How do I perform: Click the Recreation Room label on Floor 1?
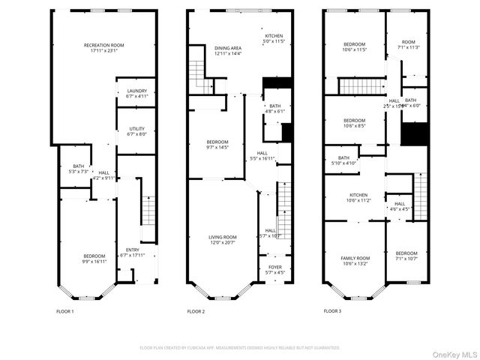coord(103,46)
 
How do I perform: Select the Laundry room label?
coord(137,91)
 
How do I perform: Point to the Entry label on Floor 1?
coord(132,250)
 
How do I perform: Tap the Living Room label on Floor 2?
coord(222,237)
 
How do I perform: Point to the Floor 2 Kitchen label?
coord(274,36)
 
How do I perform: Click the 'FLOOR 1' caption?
coord(65,310)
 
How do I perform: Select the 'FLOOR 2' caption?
coord(196,310)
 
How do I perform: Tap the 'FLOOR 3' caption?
coord(332,310)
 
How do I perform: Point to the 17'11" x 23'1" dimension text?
coord(103,50)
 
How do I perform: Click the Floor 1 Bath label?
coord(79,166)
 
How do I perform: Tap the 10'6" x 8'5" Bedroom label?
coord(355,121)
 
